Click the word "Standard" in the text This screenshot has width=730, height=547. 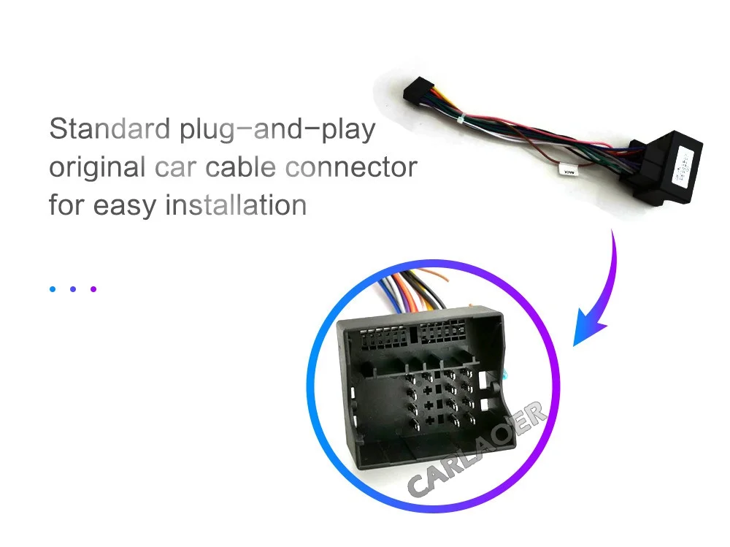[109, 130]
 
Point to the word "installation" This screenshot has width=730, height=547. [236, 204]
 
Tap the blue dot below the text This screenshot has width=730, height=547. [53, 288]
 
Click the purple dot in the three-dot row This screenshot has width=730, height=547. [93, 288]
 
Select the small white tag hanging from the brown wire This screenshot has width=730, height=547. [565, 170]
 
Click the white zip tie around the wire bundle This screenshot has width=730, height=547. [461, 117]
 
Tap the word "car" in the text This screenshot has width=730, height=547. [176, 167]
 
